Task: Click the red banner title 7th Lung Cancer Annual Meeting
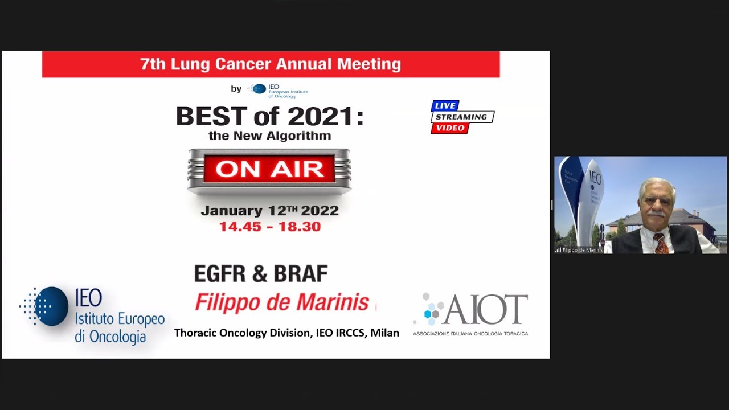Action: tap(271, 64)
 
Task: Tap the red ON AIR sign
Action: tap(269, 169)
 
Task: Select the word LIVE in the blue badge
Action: tap(445, 106)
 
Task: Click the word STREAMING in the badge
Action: tap(462, 117)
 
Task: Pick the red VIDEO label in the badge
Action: tap(450, 128)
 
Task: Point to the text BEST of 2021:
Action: tap(269, 116)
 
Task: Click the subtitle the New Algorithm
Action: tap(269, 136)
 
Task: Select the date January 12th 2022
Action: tap(269, 211)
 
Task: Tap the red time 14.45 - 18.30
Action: tap(269, 227)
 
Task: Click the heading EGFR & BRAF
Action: tap(261, 274)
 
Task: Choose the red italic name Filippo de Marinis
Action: tap(282, 302)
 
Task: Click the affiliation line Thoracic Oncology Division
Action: tap(286, 333)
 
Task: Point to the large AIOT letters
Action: tap(485, 310)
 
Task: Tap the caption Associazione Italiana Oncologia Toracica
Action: tap(470, 333)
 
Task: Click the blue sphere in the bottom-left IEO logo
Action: tap(54, 306)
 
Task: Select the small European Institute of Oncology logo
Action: tap(273, 89)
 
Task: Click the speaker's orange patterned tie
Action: tap(661, 243)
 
